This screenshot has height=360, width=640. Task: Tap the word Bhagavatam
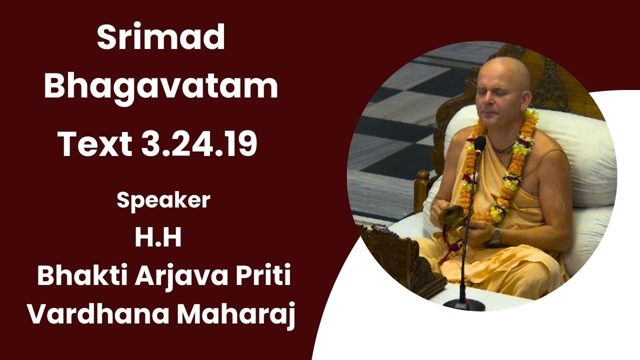160,86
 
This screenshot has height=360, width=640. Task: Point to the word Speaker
163,200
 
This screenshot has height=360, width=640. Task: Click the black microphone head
479,144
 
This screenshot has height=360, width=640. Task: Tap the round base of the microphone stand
464,302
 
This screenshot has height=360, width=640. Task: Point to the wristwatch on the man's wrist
496,236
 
